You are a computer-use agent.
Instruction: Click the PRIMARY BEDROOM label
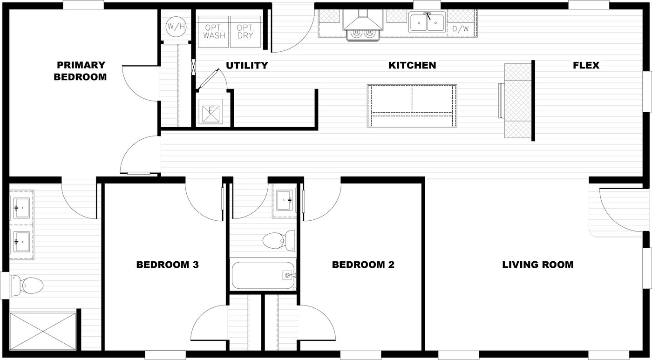click(80, 71)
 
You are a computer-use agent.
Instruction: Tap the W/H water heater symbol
click(176, 27)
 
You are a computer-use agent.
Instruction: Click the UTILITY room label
click(247, 66)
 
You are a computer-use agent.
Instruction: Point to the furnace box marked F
click(211, 112)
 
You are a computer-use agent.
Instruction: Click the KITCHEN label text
click(412, 66)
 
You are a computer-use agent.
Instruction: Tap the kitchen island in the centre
click(412, 106)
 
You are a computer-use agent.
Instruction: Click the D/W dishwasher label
click(461, 29)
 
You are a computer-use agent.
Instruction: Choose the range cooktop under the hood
click(362, 33)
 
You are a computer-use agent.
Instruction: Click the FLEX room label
click(586, 66)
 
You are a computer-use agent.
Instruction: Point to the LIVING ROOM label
click(537, 265)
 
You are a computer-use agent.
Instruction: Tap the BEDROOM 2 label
click(363, 265)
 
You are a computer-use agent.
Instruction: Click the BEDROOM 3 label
click(167, 265)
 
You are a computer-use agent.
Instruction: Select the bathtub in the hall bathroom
click(264, 275)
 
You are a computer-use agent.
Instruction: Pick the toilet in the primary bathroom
click(27, 285)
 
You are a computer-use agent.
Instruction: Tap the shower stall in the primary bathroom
click(43, 331)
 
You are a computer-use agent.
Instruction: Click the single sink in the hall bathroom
click(284, 200)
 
